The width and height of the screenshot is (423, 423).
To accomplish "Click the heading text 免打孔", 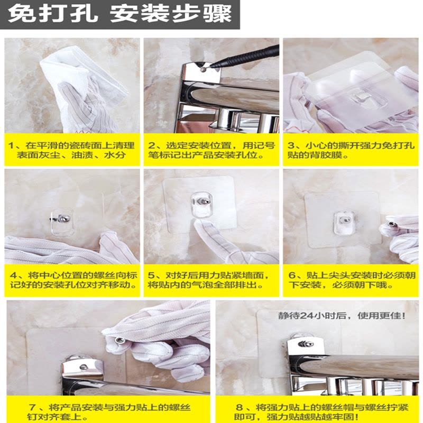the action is [x=52, y=14].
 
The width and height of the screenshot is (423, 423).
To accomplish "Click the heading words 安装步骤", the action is [x=170, y=14].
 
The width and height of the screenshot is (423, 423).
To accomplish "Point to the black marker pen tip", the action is [x=212, y=66].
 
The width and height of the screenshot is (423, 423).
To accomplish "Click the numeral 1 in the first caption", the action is [x=11, y=146].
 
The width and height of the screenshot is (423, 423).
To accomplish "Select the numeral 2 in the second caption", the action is [x=151, y=146].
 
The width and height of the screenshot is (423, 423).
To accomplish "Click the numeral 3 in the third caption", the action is [x=291, y=146].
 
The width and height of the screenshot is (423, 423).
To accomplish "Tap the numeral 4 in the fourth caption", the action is [x=14, y=275].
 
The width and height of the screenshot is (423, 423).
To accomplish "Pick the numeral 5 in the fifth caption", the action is [x=151, y=275].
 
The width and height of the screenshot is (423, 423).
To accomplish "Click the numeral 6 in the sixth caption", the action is [x=292, y=275].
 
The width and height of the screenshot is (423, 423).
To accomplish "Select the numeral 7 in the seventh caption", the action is [x=32, y=407].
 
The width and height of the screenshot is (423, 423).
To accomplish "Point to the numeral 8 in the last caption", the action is [x=239, y=407].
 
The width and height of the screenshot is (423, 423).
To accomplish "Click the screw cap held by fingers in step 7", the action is [x=121, y=341].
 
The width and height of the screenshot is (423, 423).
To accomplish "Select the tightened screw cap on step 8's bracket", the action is [x=306, y=344].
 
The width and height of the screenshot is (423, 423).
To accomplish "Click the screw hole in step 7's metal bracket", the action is [x=84, y=367].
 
